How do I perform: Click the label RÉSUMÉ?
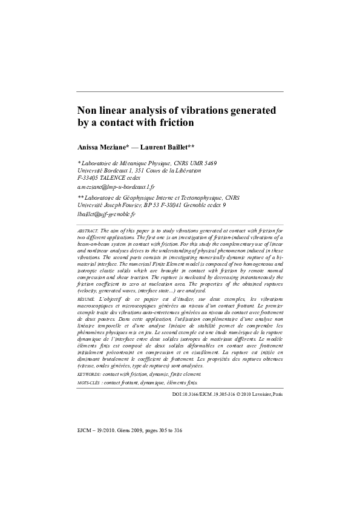click(86, 299)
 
